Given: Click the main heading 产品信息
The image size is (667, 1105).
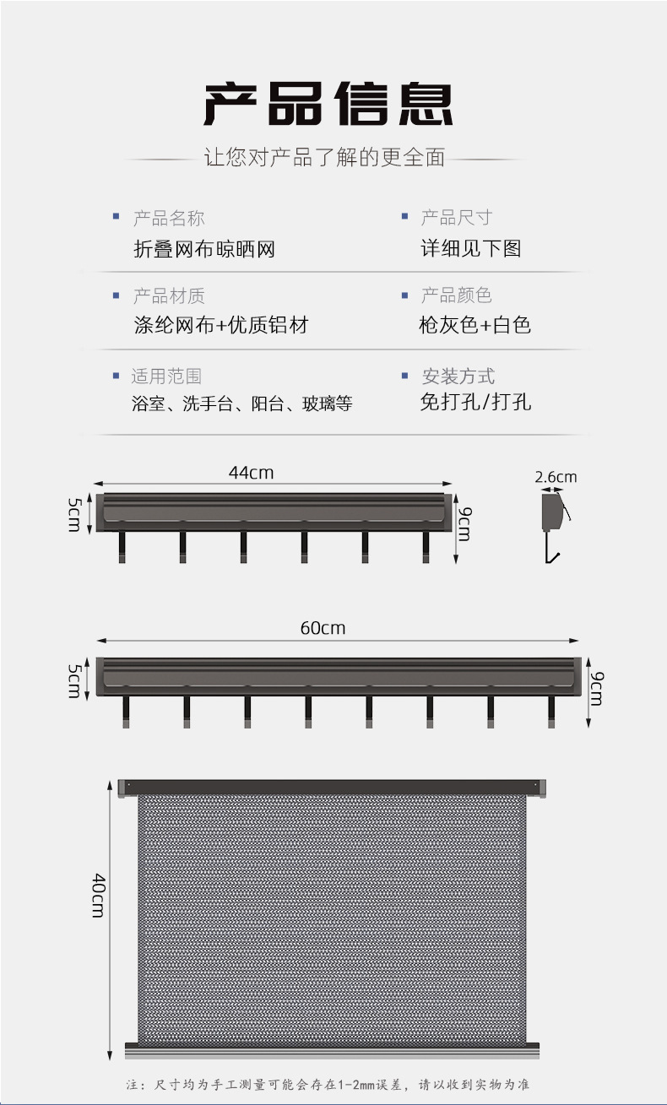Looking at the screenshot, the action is coord(328,105).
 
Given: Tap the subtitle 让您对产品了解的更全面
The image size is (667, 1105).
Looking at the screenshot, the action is coord(324,158).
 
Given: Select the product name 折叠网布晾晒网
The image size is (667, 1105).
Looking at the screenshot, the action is coord(203,249).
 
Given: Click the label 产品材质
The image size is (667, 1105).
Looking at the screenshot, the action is coord(168,296).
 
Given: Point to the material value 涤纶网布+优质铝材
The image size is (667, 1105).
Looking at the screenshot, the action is coord(221,325).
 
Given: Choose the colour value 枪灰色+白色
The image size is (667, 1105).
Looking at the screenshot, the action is coord(474,325).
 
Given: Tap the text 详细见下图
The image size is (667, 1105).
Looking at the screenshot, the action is coord(470,248).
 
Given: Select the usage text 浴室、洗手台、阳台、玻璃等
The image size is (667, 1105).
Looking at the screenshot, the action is coord(241,404).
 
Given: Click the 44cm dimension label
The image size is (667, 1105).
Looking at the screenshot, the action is coord(251,473).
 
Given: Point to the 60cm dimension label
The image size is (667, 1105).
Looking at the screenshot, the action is coord(323,628).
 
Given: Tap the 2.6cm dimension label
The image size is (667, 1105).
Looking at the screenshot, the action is coord(556,477).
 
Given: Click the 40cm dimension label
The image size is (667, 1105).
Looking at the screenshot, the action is coord(99,895).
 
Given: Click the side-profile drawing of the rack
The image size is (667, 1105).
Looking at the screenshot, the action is coord(553,523).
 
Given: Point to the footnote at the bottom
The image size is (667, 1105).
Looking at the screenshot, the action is coord(328,1085).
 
